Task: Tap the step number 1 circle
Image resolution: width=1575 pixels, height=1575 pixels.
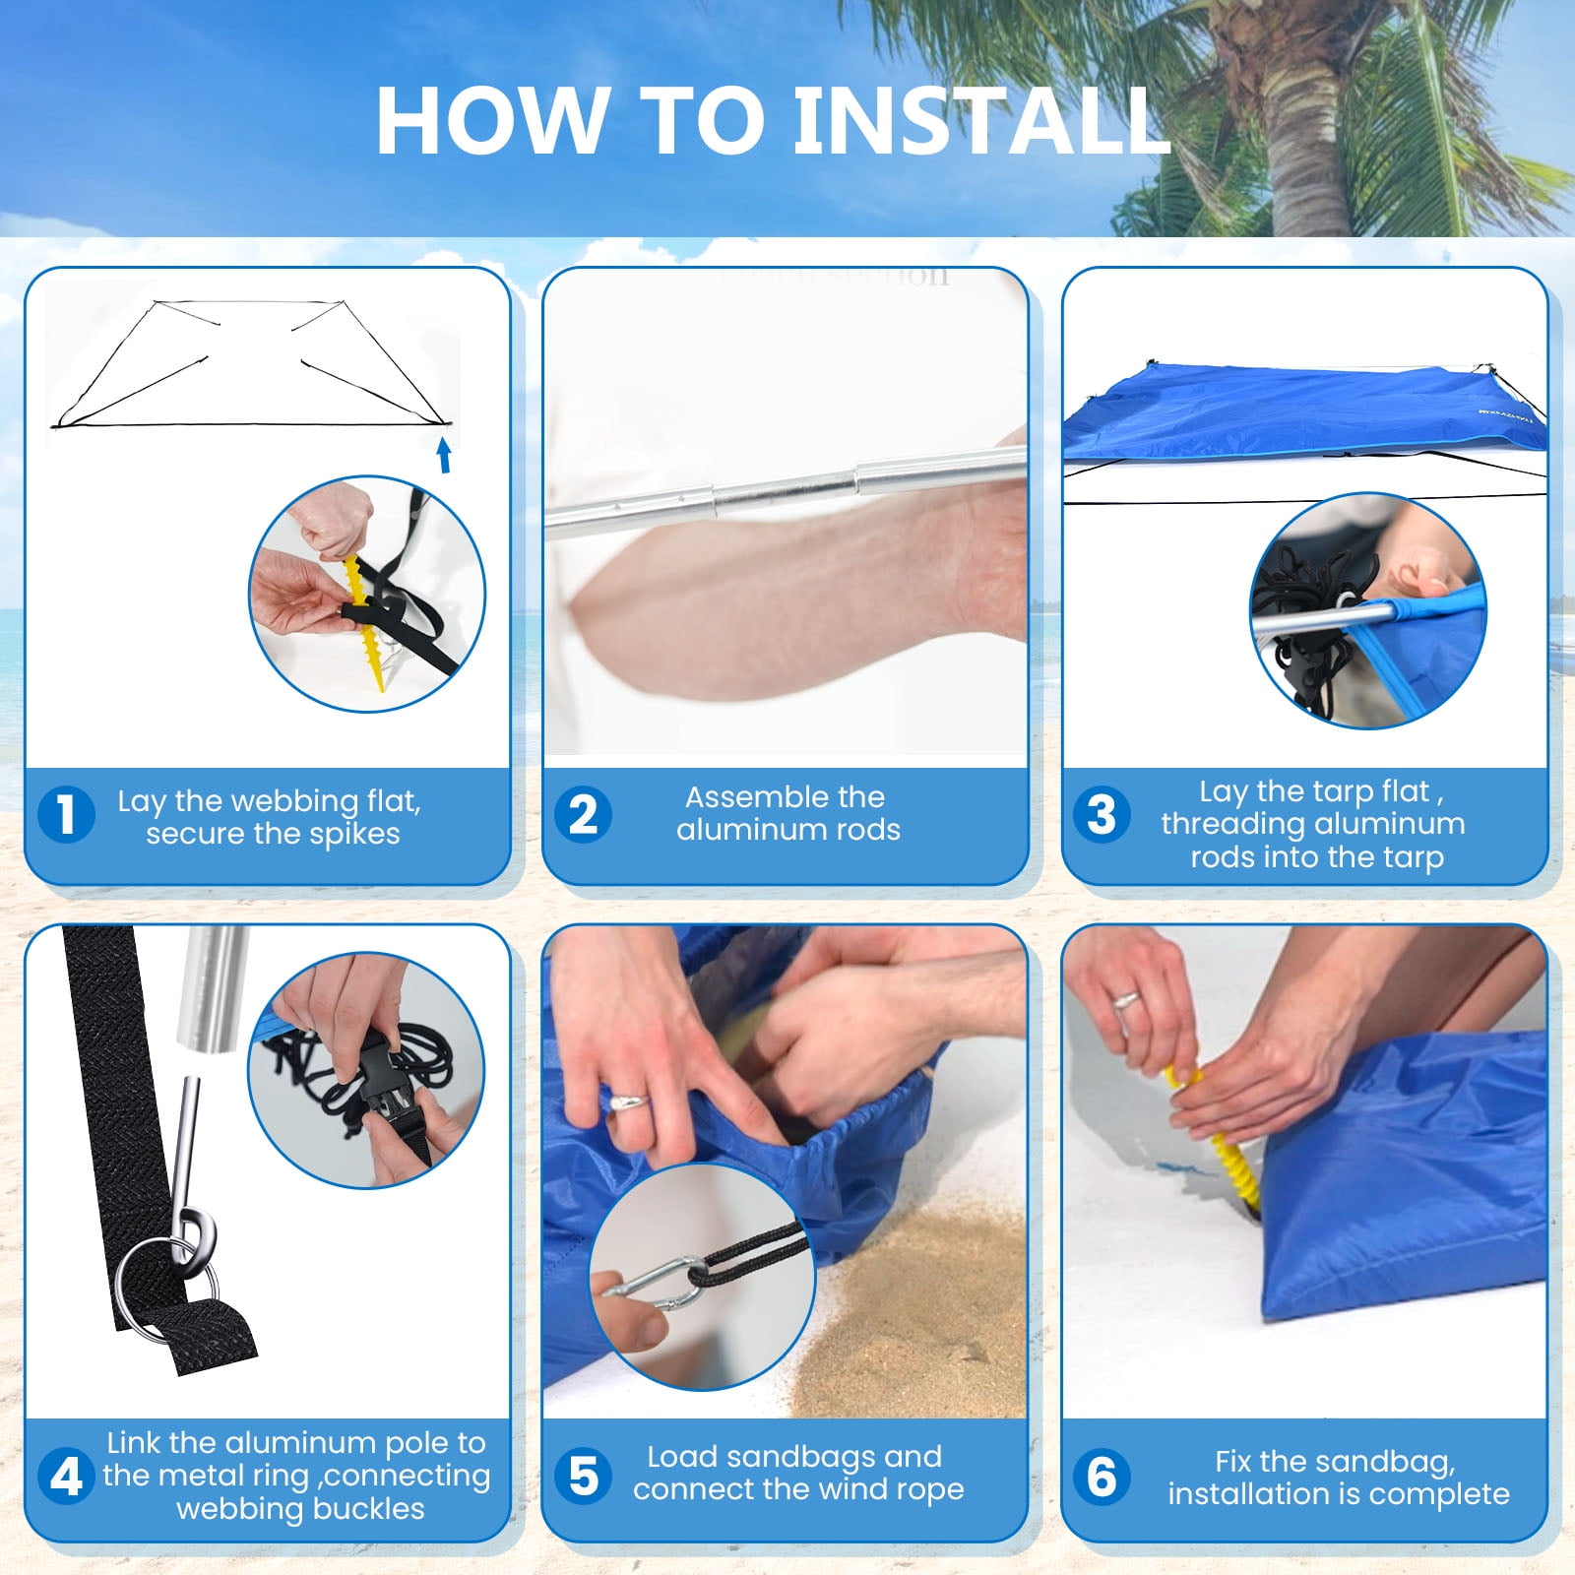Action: [x=66, y=815]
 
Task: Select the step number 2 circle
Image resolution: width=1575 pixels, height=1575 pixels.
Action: [x=583, y=815]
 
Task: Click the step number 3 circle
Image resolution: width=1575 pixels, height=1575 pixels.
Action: [x=1102, y=815]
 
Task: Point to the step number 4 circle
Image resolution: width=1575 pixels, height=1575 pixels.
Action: [x=66, y=1477]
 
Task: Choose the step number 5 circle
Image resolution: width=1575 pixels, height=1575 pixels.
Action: [x=583, y=1477]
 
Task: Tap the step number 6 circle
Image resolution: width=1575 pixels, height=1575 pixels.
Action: [x=1102, y=1477]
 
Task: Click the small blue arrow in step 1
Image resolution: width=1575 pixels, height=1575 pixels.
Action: [x=444, y=455]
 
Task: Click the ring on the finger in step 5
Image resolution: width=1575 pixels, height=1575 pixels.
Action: [x=628, y=1100]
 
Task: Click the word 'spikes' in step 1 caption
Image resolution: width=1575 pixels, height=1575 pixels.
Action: [x=352, y=835]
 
